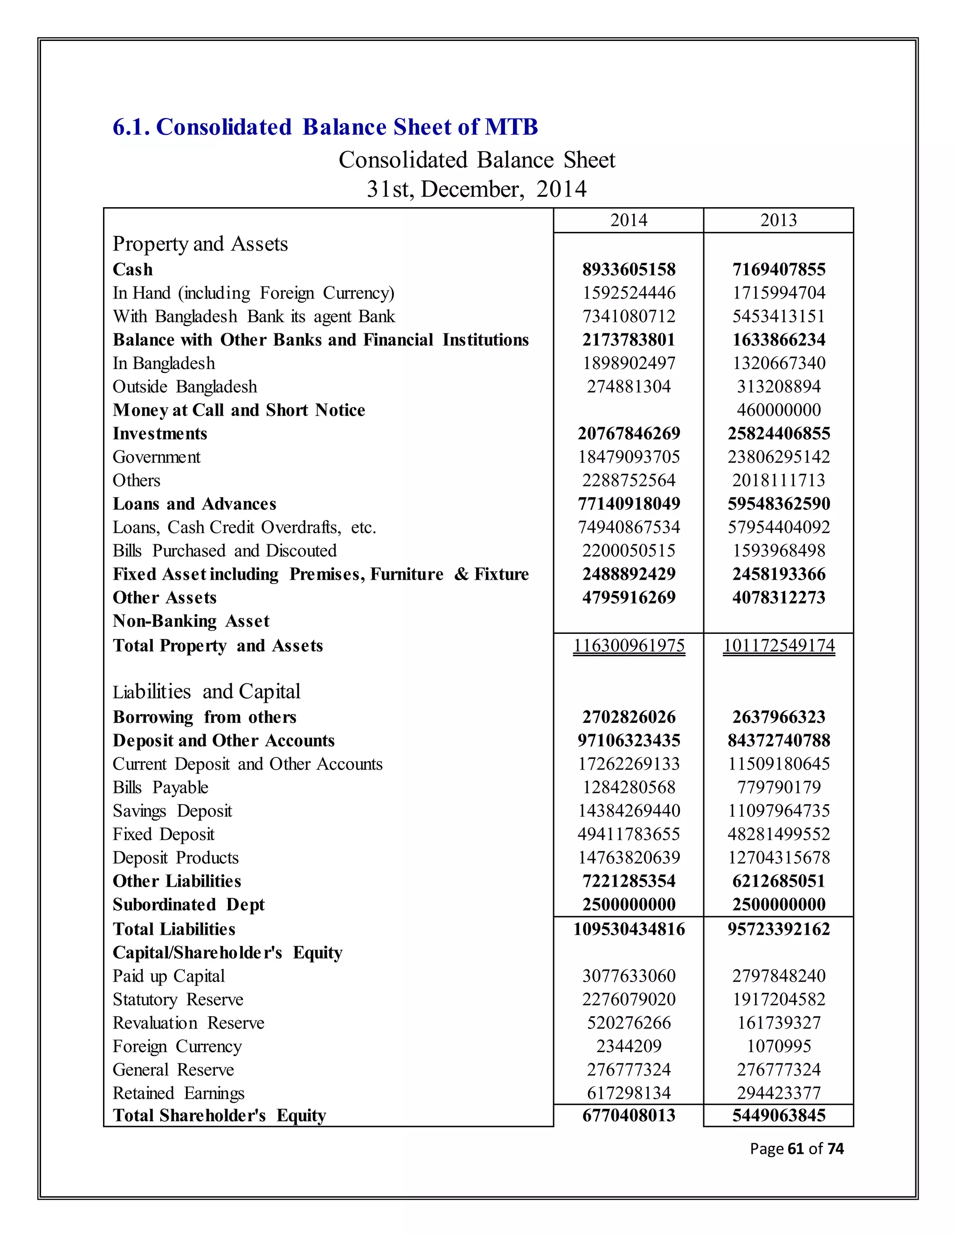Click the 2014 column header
click(x=629, y=220)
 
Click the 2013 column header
click(x=778, y=220)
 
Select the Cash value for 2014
click(x=629, y=270)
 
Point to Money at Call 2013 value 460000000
click(x=778, y=410)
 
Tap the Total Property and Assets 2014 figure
click(x=629, y=645)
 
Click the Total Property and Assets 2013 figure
click(x=778, y=645)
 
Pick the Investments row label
click(x=160, y=433)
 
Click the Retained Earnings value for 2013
click(x=778, y=1093)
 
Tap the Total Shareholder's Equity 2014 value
click(x=629, y=1116)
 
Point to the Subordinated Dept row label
click(x=188, y=904)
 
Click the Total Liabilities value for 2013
click(x=778, y=929)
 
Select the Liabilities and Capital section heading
click(x=207, y=692)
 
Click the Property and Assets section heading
click(x=200, y=244)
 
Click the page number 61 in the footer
click(x=795, y=1148)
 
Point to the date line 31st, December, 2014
click(x=477, y=189)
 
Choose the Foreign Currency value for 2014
click(x=629, y=1046)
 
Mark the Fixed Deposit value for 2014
click(x=629, y=834)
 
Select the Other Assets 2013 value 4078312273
click(x=778, y=597)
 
